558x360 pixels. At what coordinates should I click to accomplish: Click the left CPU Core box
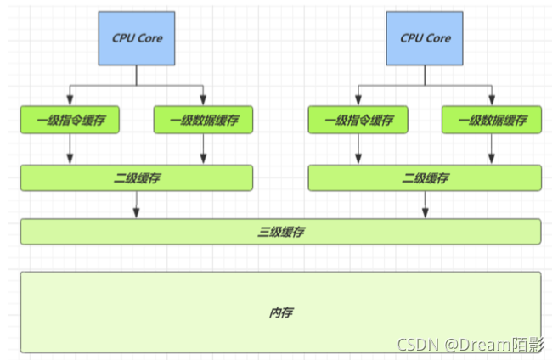[137, 38]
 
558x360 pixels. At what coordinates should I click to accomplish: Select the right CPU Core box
[425, 38]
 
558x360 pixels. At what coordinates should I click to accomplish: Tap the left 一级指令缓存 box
[70, 120]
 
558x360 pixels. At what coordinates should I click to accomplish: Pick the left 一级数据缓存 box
[203, 120]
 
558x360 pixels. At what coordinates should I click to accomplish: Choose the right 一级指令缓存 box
[358, 120]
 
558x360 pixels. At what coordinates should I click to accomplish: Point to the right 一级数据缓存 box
[492, 120]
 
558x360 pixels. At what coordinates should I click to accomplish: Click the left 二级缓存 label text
[137, 177]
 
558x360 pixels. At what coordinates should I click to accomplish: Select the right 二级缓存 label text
[426, 177]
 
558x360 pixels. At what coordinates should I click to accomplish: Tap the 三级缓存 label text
[281, 232]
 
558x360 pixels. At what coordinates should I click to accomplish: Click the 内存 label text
[281, 312]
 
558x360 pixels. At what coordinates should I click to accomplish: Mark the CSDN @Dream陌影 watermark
[471, 345]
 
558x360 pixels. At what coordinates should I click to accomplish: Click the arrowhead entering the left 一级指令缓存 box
[70, 100]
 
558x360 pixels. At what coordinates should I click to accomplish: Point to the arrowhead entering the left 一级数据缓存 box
[203, 100]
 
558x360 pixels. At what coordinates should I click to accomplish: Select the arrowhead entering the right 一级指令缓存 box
[358, 100]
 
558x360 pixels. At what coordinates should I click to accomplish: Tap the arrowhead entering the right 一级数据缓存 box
[492, 100]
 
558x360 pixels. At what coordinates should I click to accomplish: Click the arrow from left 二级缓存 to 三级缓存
[136, 205]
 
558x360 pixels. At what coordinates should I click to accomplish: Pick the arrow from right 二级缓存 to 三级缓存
[425, 205]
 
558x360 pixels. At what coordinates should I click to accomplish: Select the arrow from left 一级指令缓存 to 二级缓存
[70, 149]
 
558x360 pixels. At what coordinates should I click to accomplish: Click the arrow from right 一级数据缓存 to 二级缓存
[492, 149]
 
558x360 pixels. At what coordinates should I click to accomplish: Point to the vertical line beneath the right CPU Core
[425, 76]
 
